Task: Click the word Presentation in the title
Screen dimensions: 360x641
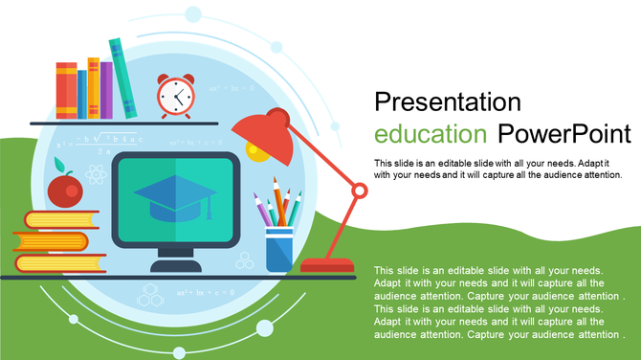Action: (x=447, y=102)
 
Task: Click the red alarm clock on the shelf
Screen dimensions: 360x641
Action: (x=175, y=96)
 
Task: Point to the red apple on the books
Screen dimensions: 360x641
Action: (x=64, y=191)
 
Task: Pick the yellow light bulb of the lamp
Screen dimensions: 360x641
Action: (x=254, y=150)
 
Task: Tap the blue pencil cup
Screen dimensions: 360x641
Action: (x=279, y=250)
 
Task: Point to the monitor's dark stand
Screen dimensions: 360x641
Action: (x=175, y=262)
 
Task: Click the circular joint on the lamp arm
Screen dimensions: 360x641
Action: (x=359, y=191)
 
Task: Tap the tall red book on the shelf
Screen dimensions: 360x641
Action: (x=66, y=90)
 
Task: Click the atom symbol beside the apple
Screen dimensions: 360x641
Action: (x=94, y=175)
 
